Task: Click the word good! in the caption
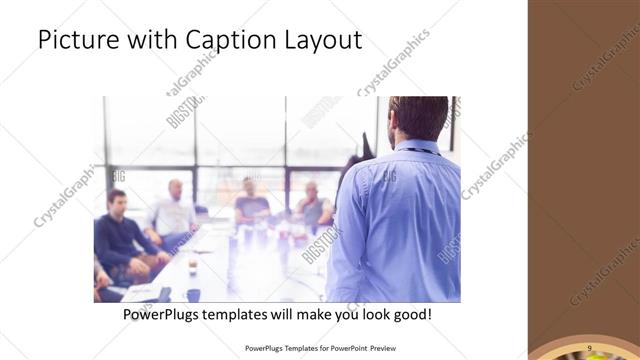(412, 315)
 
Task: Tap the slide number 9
(590, 346)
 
